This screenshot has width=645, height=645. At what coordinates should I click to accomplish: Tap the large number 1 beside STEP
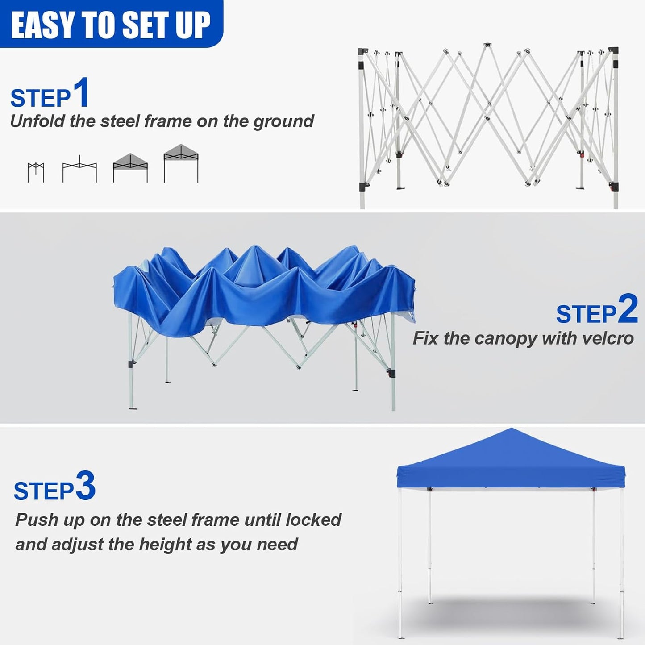[82, 92]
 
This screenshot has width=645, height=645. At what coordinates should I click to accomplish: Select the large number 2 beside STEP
[628, 309]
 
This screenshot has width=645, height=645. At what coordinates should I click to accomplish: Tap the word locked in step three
[313, 520]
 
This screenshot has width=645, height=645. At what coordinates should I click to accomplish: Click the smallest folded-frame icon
[36, 172]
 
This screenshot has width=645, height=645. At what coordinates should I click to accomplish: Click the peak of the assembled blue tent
[511, 430]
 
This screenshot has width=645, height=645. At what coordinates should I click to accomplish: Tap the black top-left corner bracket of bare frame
[362, 52]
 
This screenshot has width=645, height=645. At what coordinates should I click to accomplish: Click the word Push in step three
[37, 520]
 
